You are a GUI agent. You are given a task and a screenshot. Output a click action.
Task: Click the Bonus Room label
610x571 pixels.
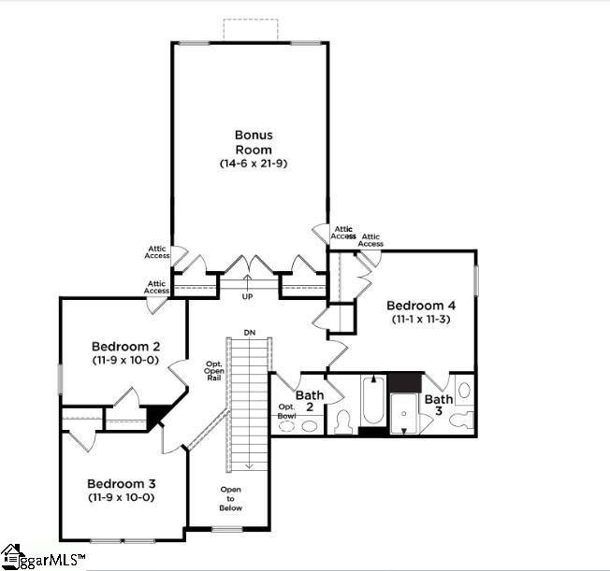point(253,142)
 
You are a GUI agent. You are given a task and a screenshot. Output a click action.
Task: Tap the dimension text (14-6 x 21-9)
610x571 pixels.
point(253,164)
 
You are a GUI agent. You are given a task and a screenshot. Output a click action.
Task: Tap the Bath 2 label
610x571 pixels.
point(310,402)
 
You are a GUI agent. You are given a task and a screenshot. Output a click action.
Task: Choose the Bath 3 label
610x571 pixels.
point(439,406)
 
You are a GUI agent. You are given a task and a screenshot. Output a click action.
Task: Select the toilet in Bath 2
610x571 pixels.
point(342,422)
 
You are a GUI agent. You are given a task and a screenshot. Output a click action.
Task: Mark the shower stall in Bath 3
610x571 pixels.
point(403,413)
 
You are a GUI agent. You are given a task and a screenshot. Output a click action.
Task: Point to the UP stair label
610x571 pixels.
point(248,296)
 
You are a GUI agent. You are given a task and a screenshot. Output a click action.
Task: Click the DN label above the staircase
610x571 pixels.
point(249,332)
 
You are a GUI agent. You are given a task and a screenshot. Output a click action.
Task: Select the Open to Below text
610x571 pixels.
point(231,499)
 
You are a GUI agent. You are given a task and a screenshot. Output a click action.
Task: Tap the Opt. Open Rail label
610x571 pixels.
point(213,370)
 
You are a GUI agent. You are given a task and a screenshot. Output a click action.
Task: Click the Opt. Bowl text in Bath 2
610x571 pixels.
point(287,410)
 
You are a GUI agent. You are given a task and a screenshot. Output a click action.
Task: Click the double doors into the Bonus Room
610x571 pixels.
point(248,265)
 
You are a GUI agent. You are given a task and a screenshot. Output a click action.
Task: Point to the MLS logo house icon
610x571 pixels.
point(11,557)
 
